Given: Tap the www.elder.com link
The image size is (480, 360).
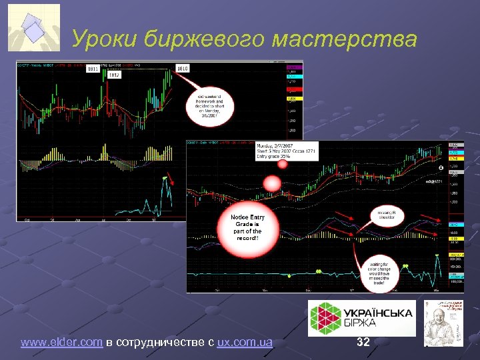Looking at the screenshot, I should tap(61, 343).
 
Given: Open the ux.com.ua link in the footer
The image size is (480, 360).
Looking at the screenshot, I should tap(244, 343).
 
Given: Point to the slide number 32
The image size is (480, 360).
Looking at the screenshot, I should tap(363, 343).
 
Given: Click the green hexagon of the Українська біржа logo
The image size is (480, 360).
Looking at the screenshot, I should tap(326, 317).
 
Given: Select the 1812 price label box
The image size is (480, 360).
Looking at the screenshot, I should tap(114, 75).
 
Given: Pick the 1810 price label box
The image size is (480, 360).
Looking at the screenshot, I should tap(183, 68).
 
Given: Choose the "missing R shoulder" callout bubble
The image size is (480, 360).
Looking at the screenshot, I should tap(385, 217).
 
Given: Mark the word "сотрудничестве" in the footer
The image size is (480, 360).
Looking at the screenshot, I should tap(161, 343).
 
